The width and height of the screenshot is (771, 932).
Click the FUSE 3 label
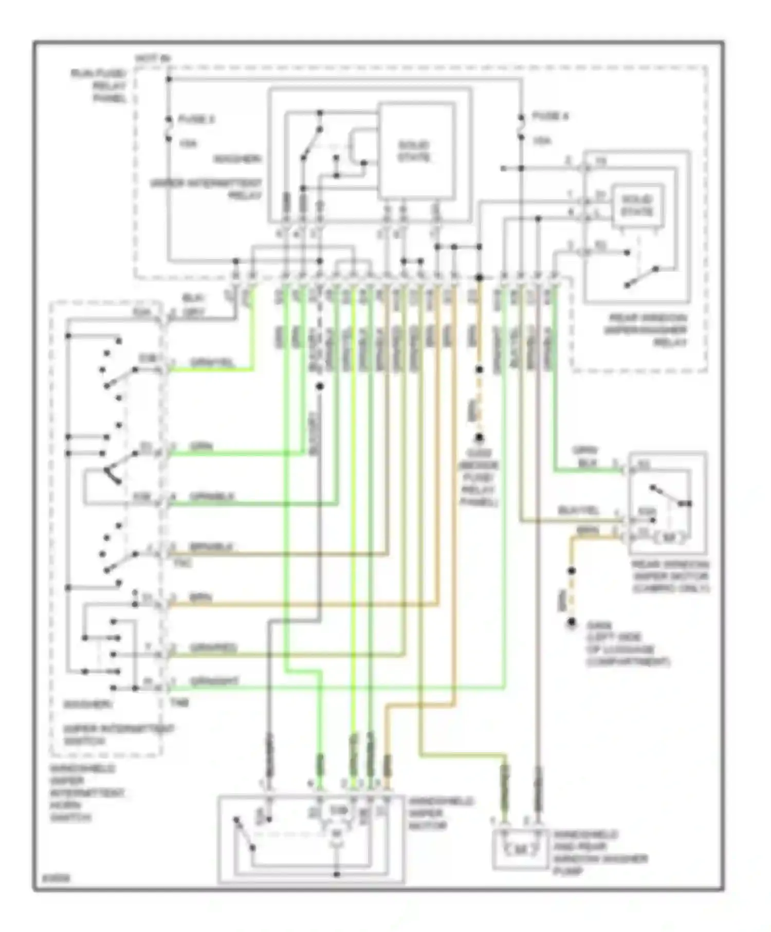coord(196,119)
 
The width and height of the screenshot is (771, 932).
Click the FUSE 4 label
coord(550,117)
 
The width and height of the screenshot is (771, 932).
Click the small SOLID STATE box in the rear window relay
coord(637,206)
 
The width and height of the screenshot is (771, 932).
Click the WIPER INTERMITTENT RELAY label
coord(206,189)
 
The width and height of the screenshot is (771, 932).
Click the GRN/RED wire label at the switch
coord(213,648)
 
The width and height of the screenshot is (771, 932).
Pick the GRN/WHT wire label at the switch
coord(214,681)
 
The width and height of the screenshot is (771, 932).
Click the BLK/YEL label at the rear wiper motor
coord(579,511)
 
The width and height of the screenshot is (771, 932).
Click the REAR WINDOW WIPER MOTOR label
coord(670,576)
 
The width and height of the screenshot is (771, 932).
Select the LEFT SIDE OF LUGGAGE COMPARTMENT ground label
coord(628,649)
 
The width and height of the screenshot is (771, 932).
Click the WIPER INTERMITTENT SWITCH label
coord(118,735)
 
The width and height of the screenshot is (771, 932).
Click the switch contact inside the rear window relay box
coord(641,276)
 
